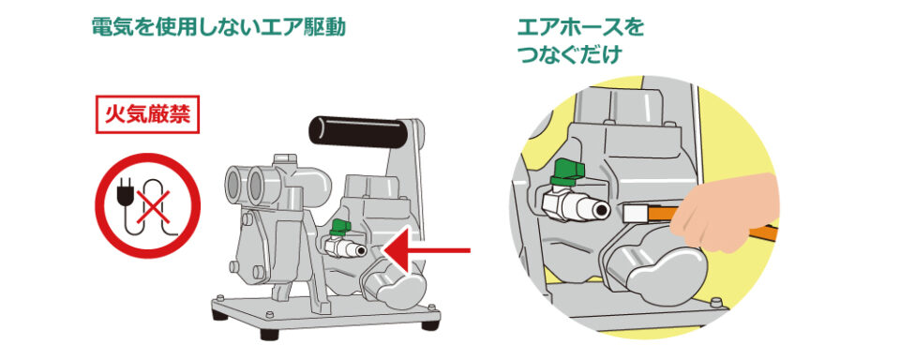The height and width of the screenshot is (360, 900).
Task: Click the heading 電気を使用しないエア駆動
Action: tap(218, 27)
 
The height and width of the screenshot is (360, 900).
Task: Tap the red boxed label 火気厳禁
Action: tap(147, 114)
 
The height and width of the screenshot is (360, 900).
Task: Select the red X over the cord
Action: tap(153, 206)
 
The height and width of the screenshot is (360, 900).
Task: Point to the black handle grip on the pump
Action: tap(358, 131)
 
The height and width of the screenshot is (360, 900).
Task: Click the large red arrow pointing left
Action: tap(427, 250)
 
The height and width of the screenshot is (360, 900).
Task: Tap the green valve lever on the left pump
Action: tap(340, 228)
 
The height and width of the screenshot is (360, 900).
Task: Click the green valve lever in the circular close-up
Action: tap(568, 172)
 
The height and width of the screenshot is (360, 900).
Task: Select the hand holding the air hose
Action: tap(725, 213)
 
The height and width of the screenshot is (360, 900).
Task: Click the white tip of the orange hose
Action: tap(636, 215)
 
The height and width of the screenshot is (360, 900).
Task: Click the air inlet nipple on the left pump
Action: tap(346, 247)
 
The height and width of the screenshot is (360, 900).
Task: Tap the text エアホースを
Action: tap(580, 27)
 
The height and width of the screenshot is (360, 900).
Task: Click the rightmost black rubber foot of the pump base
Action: tap(430, 325)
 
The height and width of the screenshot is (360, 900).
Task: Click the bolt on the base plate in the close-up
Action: tap(714, 304)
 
